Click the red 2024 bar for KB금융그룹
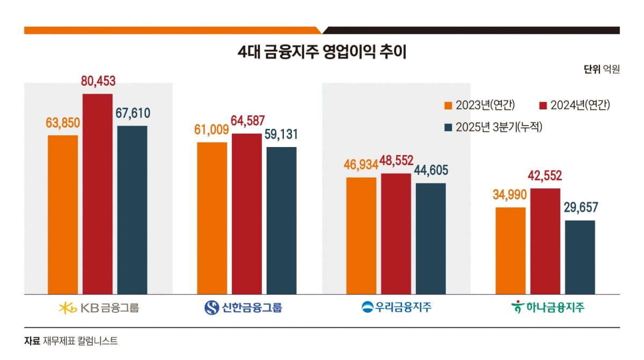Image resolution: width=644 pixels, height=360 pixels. coord(98,194)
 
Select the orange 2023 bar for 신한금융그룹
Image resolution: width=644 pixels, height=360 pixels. coord(212,218)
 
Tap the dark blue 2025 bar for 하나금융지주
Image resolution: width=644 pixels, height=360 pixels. coord(580,257)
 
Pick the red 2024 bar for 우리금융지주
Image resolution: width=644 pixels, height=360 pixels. coord(396,234)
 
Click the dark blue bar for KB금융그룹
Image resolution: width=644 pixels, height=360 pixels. coord(132,210)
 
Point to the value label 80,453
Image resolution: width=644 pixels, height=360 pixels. coord(98,81)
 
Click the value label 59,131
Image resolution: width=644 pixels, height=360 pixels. coord(281,134)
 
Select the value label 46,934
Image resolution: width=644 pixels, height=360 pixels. coord(361,165)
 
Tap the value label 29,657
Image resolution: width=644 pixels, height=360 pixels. coord(581,207)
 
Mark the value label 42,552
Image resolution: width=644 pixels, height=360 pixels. coord(545,175)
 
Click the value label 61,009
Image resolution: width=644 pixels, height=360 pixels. coord(211,130)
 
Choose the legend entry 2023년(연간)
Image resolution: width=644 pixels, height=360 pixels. coord(479,106)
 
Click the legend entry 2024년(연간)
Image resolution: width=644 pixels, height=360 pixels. coord(574,106)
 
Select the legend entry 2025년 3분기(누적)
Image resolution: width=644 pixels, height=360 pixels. coord(493,127)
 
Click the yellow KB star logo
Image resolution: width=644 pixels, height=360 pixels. coord(68,308)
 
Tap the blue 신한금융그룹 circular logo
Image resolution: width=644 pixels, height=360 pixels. coord(211,307)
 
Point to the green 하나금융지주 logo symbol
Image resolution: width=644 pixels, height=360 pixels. coord(517,306)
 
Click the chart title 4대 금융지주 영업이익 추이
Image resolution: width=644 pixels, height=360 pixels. coord(322,52)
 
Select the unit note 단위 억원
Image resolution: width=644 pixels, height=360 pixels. coord(602,69)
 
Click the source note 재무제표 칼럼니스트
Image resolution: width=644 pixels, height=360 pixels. coord(80,341)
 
